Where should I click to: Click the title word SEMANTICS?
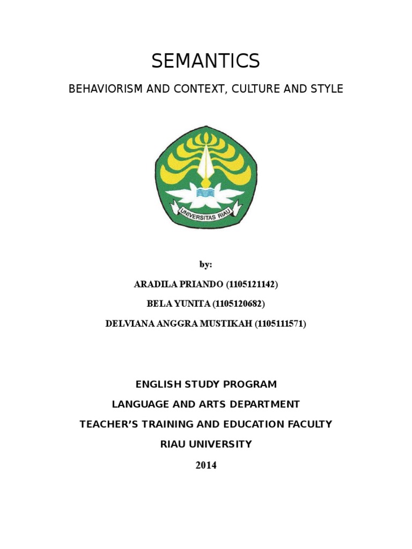click(x=205, y=62)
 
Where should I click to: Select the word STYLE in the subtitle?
click(x=327, y=89)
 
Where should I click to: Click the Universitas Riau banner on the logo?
click(x=205, y=213)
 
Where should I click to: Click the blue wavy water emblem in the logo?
click(x=205, y=191)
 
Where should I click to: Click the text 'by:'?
click(x=205, y=265)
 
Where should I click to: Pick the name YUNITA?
click(x=191, y=304)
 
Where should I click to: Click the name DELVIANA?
click(x=130, y=324)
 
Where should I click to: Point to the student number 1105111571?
click(x=279, y=324)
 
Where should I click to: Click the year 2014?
click(x=206, y=465)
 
